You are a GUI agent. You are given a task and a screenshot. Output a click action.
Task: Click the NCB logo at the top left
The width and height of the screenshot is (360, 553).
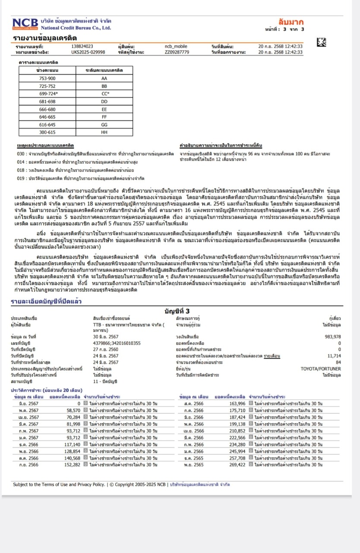click(x=25, y=24)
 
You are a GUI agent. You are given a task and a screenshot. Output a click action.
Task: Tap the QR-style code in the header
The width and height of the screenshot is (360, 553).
click(x=322, y=42)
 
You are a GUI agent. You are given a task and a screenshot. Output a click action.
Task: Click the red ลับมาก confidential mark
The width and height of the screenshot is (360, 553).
click(x=291, y=22)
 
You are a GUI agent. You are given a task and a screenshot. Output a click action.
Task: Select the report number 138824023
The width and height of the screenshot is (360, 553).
click(x=82, y=46)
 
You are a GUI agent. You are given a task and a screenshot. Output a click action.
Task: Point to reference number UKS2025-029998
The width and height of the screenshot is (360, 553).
click(x=88, y=52)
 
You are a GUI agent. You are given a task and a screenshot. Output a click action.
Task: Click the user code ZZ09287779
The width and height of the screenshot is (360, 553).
click(x=177, y=52)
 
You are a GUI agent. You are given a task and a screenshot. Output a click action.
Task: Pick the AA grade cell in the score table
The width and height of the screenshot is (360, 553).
click(x=104, y=78)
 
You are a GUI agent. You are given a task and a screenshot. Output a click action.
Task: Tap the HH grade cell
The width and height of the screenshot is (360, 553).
click(x=104, y=132)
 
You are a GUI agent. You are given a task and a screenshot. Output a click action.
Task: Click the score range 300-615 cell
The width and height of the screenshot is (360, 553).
click(x=47, y=132)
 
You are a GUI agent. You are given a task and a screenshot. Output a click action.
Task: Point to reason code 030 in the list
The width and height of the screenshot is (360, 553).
click(x=20, y=153)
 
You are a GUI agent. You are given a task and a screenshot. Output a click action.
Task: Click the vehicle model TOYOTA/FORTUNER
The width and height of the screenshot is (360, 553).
click(x=320, y=369)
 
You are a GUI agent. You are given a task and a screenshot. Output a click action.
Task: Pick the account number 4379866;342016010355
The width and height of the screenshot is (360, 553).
click(x=117, y=343)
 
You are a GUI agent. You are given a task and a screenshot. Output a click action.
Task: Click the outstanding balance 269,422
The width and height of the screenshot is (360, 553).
click(x=237, y=465)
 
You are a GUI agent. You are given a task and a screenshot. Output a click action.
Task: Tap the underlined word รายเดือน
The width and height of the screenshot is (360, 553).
click(x=272, y=356)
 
